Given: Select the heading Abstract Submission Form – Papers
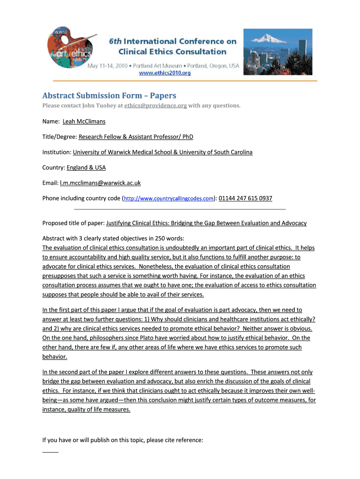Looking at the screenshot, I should tap(109, 95).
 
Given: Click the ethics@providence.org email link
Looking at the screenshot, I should tap(156, 106).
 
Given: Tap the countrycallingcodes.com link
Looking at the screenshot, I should tap(168, 198).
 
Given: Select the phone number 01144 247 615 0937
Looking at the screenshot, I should tap(245, 198).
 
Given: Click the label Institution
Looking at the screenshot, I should tap(57, 152).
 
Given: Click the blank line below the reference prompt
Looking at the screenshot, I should tap(50, 452).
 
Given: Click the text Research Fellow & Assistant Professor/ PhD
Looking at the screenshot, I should tap(136, 137).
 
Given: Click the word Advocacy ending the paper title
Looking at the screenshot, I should tap(293, 223).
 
